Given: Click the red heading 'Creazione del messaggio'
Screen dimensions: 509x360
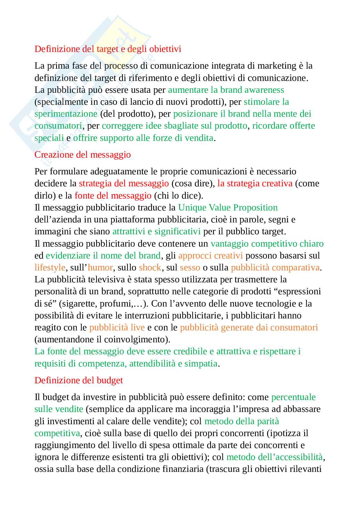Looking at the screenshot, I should coord(83,155).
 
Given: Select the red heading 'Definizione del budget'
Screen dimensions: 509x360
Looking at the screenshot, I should coord(79,380).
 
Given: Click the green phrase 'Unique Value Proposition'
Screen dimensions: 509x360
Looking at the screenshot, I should coord(228,208).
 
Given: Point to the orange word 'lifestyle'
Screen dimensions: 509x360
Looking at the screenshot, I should coord(50,268).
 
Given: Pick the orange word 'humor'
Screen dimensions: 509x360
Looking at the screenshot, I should coord(100,268).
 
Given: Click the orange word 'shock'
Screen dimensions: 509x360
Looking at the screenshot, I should coord(150,268).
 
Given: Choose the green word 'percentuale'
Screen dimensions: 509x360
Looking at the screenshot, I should coord(293,397).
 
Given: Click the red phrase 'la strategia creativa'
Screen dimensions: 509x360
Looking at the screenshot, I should coord(255,183).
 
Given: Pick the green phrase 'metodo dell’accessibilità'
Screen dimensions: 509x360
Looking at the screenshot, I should coord(274,457).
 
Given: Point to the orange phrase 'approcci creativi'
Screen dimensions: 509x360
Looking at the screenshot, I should coord(210,256).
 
